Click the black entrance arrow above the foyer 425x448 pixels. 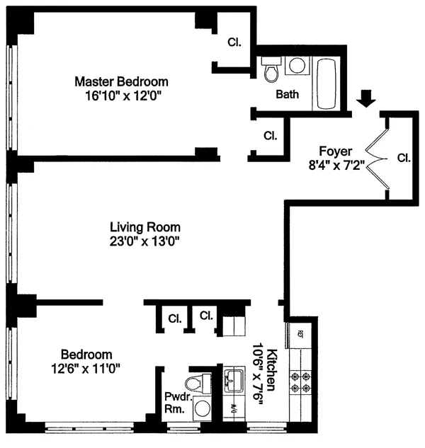[x=365, y=98]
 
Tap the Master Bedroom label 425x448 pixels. [x=121, y=81]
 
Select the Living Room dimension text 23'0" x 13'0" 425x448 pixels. [x=144, y=242]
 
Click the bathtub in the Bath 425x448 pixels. [x=326, y=84]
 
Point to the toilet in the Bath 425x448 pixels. [x=271, y=69]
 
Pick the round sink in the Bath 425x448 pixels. [x=297, y=65]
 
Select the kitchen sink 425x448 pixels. [x=234, y=379]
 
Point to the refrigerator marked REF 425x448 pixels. [x=300, y=335]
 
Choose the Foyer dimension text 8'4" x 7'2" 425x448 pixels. [x=336, y=165]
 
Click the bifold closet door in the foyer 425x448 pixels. [x=378, y=159]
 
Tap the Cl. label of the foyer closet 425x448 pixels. [x=404, y=158]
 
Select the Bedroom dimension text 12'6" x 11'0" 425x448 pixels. [x=85, y=369]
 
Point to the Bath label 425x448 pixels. [x=287, y=94]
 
